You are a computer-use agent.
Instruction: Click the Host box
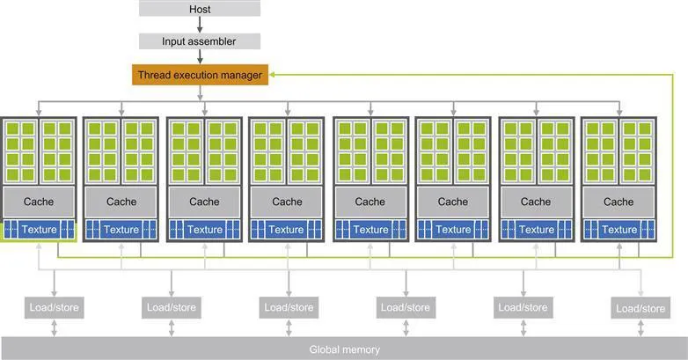[200, 8]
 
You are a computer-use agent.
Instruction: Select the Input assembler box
[200, 41]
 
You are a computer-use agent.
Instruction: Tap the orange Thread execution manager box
[200, 75]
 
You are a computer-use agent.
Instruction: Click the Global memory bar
[344, 349]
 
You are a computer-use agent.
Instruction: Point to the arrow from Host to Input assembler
[200, 25]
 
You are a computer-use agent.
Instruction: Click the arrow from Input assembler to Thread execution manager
[200, 57]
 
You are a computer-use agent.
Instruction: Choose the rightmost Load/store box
[640, 308]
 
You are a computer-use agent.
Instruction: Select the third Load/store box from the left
[288, 307]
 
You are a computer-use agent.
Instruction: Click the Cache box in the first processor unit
[39, 202]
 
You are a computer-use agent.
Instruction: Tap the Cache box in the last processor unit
[618, 202]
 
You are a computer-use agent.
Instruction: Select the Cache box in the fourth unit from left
[287, 202]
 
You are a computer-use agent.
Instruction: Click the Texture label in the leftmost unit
[39, 230]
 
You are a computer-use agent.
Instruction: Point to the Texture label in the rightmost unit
[618, 230]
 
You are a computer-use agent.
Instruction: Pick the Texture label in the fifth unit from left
[370, 230]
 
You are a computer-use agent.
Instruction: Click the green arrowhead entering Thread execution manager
[271, 76]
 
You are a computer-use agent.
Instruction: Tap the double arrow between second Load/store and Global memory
[170, 327]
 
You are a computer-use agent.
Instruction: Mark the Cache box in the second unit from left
[121, 202]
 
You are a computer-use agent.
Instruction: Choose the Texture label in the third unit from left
[204, 230]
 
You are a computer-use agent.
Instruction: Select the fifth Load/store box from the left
[523, 307]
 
